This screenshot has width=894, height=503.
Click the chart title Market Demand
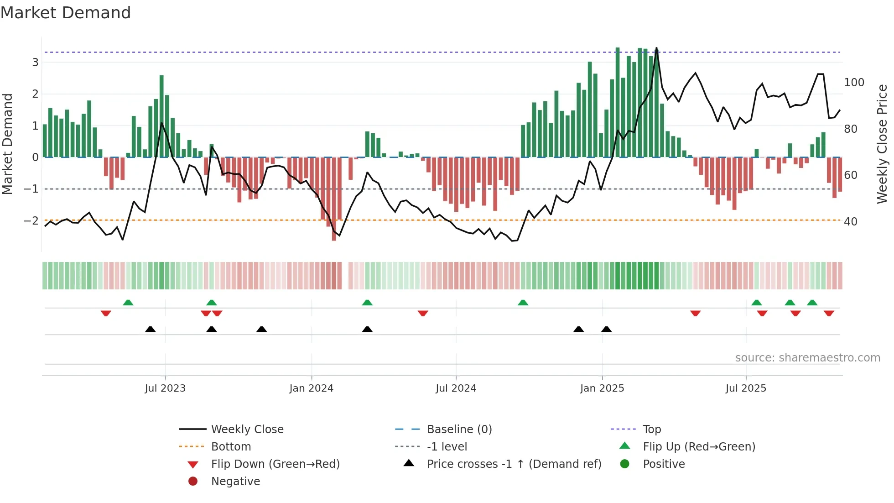[66, 13]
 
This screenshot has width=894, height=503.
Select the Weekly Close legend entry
[247, 429]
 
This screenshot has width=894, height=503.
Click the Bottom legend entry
[231, 446]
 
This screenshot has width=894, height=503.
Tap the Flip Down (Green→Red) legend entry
[275, 464]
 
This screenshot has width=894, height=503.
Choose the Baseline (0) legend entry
[459, 429]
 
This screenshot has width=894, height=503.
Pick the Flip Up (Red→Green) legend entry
[699, 446]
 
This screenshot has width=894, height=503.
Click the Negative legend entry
[235, 481]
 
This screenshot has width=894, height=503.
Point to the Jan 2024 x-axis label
[311, 388]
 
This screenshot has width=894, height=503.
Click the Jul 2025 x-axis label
[746, 388]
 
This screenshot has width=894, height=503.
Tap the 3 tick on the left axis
[35, 62]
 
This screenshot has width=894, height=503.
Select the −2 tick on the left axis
[31, 220]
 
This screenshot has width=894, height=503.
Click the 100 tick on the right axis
[854, 83]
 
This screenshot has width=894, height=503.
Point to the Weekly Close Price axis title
[882, 144]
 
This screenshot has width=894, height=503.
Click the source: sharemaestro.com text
[807, 357]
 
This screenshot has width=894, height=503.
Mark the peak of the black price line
[656, 48]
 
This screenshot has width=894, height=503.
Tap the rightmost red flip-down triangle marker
[829, 313]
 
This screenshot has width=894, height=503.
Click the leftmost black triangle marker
[150, 329]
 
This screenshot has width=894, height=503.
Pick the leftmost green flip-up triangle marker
[128, 303]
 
